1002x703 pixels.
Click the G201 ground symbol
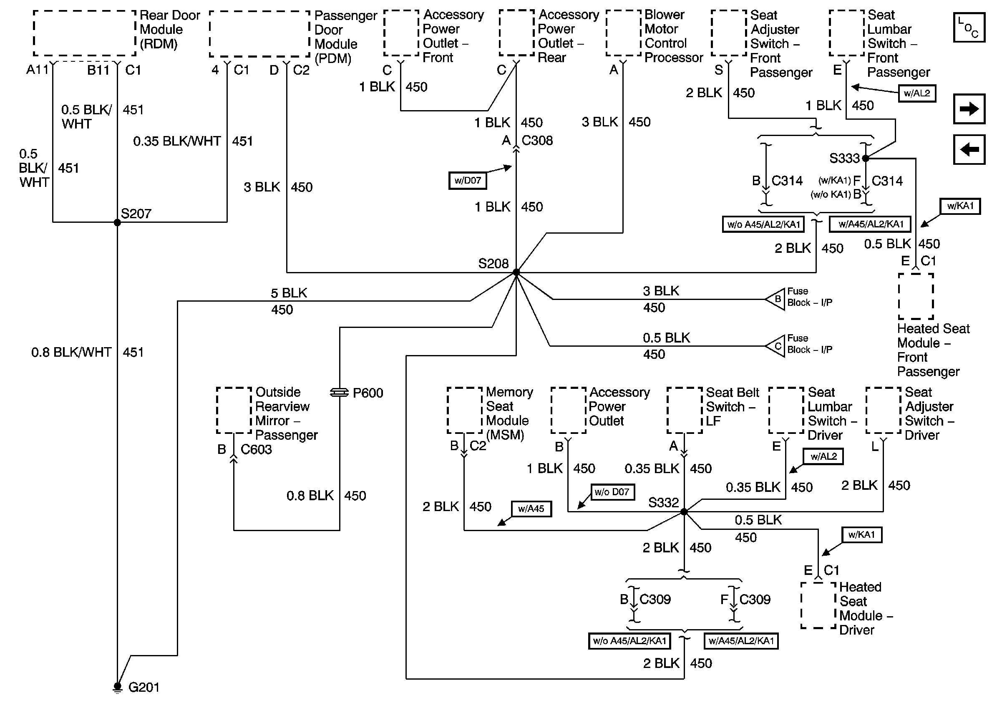click(x=117, y=687)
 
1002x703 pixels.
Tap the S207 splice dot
click(x=117, y=222)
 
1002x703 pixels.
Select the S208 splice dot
click(x=516, y=272)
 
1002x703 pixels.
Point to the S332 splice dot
click(x=684, y=512)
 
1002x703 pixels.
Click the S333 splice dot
click(x=866, y=159)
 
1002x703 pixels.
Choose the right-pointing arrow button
click(x=969, y=108)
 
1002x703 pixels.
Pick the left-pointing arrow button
click(x=969, y=150)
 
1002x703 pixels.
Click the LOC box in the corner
click(x=969, y=28)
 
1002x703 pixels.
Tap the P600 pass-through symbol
click(x=339, y=393)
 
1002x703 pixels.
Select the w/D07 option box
click(x=467, y=181)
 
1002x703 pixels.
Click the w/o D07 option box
click(x=612, y=492)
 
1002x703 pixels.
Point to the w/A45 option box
click(x=531, y=509)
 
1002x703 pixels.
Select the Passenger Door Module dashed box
click(x=259, y=34)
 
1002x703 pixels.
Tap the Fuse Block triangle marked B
click(x=776, y=300)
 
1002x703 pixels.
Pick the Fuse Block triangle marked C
click(x=776, y=346)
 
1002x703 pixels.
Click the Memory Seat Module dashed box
click(x=464, y=410)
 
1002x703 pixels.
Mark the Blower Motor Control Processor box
click(x=624, y=33)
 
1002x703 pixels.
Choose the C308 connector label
click(x=537, y=141)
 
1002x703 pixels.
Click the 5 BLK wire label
click(x=289, y=293)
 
